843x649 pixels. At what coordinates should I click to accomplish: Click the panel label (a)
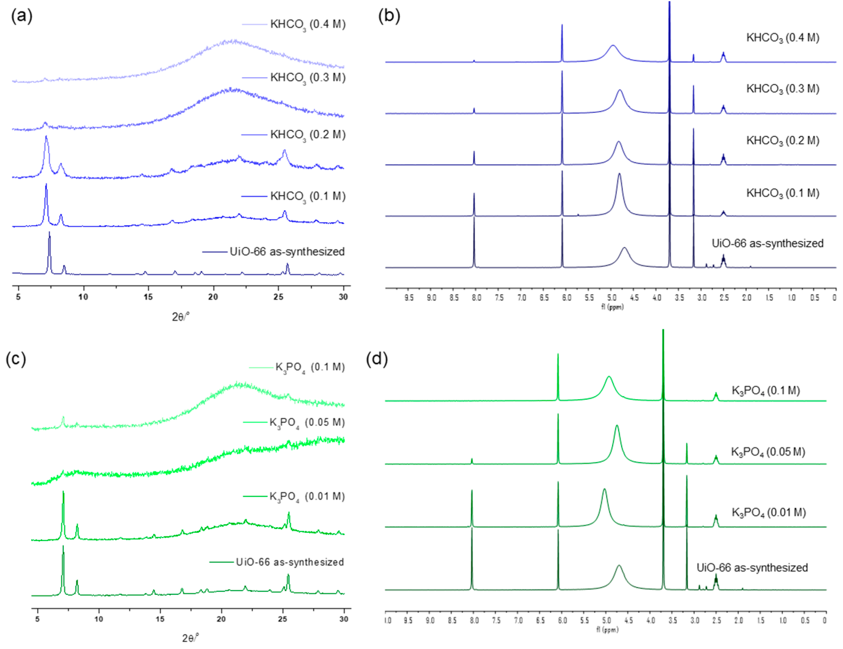click(x=22, y=16)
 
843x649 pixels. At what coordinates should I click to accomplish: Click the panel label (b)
click(x=389, y=16)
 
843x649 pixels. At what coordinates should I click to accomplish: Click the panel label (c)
click(x=16, y=359)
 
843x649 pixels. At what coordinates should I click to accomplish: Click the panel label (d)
click(x=377, y=359)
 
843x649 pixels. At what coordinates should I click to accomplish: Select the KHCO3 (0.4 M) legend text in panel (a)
click(x=308, y=24)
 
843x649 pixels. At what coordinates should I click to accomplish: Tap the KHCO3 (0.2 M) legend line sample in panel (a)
click(x=254, y=135)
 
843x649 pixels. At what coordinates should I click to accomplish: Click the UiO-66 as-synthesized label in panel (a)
click(x=287, y=252)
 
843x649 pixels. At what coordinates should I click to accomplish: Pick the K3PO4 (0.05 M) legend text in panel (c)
click(x=307, y=422)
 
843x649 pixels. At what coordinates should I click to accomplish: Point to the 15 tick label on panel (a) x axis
click(x=148, y=297)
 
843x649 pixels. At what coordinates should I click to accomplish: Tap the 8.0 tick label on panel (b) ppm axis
click(x=476, y=298)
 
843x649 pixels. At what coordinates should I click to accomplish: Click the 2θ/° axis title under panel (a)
click(x=180, y=317)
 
